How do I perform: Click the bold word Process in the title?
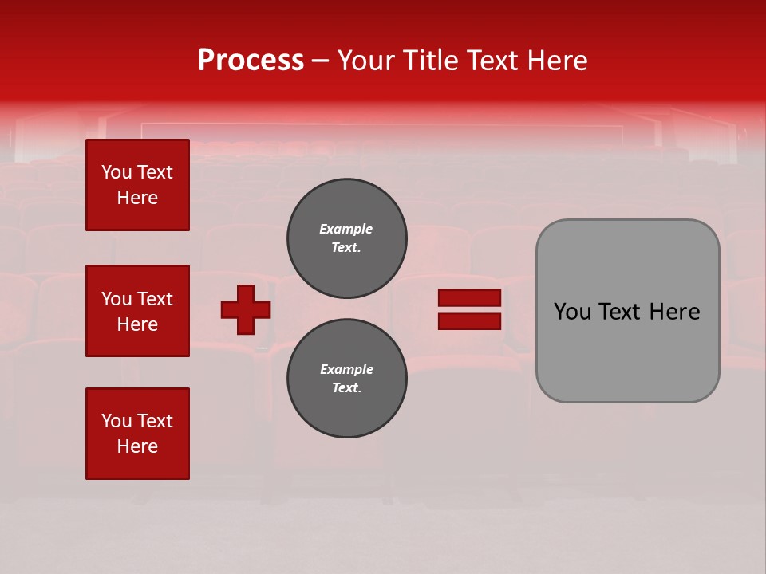click(251, 61)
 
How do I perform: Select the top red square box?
click(137, 185)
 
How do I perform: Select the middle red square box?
click(137, 311)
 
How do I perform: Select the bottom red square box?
click(137, 433)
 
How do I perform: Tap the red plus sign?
click(246, 309)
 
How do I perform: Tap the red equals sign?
click(470, 309)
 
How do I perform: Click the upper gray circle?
click(347, 238)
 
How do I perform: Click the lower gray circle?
click(347, 379)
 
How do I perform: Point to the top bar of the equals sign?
click(470, 297)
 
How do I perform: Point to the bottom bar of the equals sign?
click(470, 321)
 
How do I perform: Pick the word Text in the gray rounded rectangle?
click(620, 312)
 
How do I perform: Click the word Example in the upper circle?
click(346, 229)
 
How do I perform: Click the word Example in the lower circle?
click(346, 369)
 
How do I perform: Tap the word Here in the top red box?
click(137, 198)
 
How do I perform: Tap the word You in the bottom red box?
click(116, 421)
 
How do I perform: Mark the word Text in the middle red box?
click(154, 299)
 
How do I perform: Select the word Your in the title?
click(365, 61)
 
